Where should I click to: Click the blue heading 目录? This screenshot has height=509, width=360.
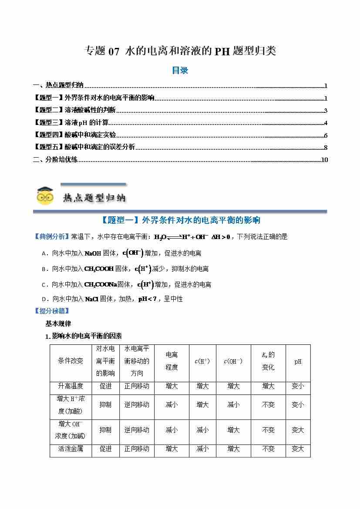[180, 70]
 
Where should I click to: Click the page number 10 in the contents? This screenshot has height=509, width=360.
[324, 160]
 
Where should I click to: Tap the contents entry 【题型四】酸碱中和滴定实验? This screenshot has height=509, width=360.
[75, 135]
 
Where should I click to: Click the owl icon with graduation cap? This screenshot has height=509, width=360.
[45, 196]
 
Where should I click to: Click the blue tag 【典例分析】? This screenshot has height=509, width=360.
[51, 237]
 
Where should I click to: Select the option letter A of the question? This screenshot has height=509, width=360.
[44, 253]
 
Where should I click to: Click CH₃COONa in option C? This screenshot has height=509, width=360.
[101, 285]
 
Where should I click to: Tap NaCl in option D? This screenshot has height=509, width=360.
[92, 299]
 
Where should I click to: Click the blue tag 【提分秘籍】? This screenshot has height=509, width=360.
[51, 311]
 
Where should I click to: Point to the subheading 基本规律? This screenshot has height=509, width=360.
[58, 324]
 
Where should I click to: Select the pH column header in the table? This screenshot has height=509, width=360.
[298, 361]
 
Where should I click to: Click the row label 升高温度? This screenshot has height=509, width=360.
[71, 386]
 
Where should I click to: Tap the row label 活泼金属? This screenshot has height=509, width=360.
[71, 448]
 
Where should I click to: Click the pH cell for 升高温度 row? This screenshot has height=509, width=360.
[298, 386]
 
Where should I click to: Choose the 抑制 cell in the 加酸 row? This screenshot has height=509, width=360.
[105, 405]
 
